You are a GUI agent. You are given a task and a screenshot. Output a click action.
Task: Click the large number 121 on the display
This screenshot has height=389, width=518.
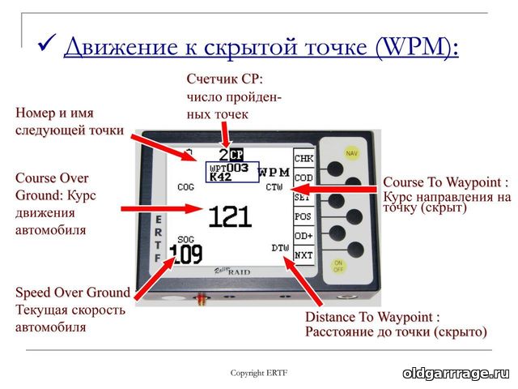(x=230, y=216)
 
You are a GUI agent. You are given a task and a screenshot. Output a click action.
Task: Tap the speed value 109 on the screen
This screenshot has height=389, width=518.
(x=186, y=254)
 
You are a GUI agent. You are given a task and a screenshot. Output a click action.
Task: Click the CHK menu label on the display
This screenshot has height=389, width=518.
(x=303, y=159)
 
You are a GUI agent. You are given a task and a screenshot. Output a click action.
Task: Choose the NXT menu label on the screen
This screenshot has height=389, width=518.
(x=303, y=254)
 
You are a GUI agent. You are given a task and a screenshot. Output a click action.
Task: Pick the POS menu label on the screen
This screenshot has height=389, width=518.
(x=303, y=217)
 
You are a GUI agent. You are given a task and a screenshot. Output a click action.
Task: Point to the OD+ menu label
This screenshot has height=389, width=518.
(x=303, y=236)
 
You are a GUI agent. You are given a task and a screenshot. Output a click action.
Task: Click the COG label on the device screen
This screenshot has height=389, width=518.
(x=185, y=186)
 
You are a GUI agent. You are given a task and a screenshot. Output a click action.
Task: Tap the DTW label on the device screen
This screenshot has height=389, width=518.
(x=280, y=247)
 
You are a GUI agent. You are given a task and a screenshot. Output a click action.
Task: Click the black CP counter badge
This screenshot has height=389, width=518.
(x=236, y=153)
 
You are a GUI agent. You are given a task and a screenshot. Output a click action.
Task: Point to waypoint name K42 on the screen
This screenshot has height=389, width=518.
(x=220, y=177)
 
